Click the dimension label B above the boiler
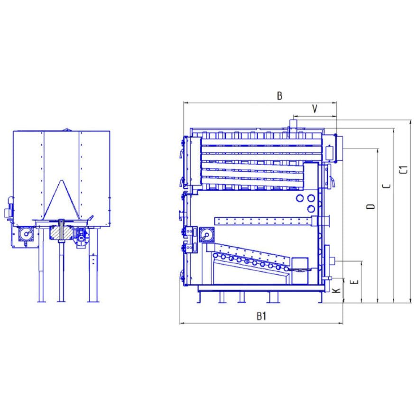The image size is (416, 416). click(280, 96)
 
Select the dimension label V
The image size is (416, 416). click(314, 109)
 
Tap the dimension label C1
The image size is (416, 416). click(404, 169)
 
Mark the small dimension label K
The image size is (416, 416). click(336, 290)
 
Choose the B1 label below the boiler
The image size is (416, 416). click(261, 316)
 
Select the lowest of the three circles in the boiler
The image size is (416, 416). click(311, 209)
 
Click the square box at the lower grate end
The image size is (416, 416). click(299, 265)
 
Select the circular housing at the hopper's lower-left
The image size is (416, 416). click(26, 234)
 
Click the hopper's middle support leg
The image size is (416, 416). click(61, 270)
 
